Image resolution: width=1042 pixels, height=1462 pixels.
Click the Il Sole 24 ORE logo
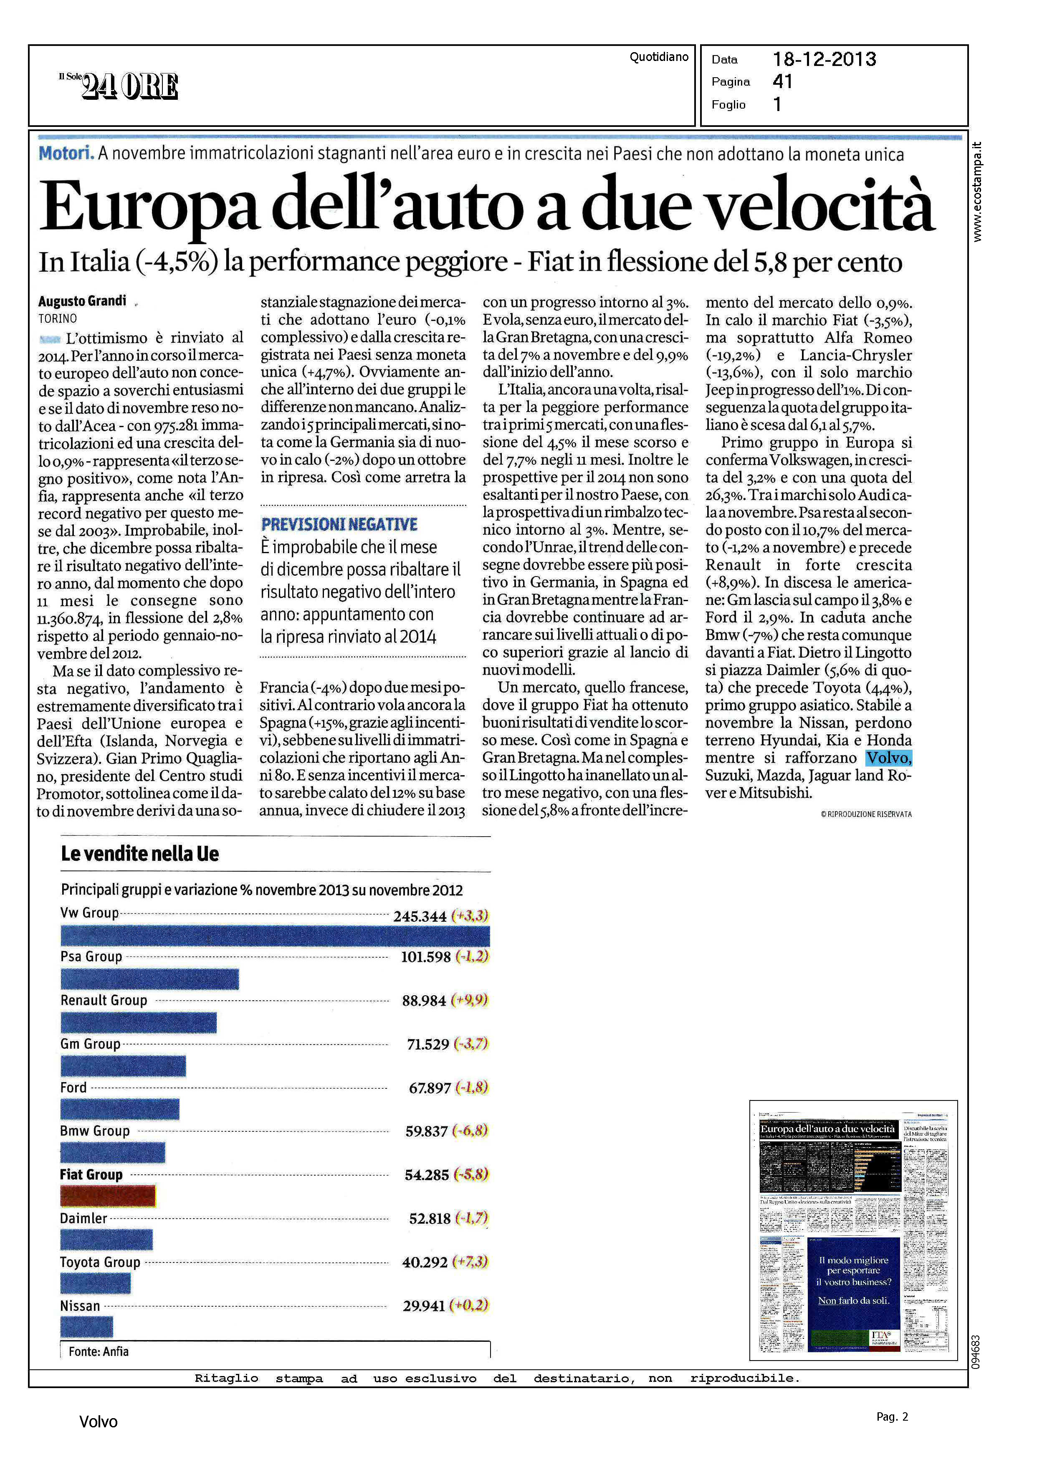click(119, 85)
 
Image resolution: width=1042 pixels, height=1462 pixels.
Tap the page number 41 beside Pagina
click(783, 81)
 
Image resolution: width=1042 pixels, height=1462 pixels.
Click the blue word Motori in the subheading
click(66, 154)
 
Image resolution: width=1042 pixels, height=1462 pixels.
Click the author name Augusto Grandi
click(82, 301)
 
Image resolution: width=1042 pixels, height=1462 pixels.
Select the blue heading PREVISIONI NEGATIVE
click(339, 524)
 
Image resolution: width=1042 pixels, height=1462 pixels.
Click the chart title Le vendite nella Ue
click(140, 854)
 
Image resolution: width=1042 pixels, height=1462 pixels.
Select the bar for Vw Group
click(275, 936)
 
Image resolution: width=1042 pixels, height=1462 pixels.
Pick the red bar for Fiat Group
click(108, 1196)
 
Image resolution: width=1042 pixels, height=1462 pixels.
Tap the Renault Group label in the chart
click(104, 1000)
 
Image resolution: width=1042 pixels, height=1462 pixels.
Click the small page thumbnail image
click(853, 1230)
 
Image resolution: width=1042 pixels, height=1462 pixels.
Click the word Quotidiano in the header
click(658, 57)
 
